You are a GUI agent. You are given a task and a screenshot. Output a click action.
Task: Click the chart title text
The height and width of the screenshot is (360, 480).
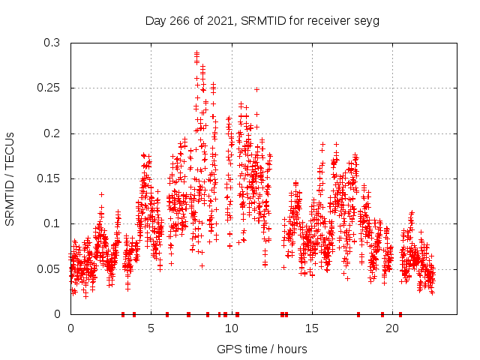pyautogui.click(x=262, y=21)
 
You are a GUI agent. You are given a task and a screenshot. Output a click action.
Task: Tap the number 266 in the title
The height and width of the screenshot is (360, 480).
pyautogui.click(x=178, y=21)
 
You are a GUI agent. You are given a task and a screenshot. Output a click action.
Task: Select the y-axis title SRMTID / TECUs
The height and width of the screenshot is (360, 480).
pyautogui.click(x=10, y=178)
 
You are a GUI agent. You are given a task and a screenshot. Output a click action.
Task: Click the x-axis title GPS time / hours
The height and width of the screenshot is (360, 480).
pyautogui.click(x=262, y=349)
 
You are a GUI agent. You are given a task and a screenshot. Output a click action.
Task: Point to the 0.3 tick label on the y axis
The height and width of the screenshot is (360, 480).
pyautogui.click(x=51, y=43)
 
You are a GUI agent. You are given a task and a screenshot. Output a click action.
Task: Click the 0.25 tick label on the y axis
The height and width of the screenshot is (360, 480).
pyautogui.click(x=48, y=88)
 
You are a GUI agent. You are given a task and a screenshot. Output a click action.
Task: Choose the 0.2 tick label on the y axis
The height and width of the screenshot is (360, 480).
pyautogui.click(x=51, y=133)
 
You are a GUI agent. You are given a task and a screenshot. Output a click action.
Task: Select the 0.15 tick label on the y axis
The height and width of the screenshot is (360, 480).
pyautogui.click(x=48, y=178)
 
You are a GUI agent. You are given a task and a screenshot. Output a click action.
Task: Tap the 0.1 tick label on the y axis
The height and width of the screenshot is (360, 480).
pyautogui.click(x=51, y=223)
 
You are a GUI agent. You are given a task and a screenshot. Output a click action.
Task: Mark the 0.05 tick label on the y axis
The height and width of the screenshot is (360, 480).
pyautogui.click(x=48, y=268)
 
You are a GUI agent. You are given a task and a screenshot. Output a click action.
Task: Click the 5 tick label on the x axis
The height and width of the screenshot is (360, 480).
pyautogui.click(x=151, y=328)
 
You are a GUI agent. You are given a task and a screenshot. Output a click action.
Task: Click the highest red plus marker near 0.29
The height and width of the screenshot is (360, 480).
pyautogui.click(x=196, y=53)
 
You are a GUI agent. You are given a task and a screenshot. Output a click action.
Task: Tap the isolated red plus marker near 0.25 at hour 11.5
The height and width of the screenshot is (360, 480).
pyautogui.click(x=256, y=89)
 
